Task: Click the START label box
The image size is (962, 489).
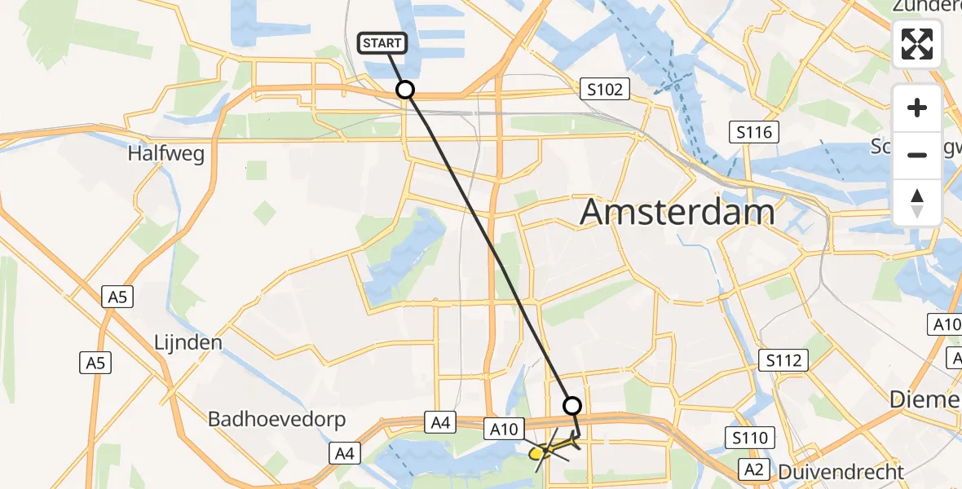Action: [x=382, y=42]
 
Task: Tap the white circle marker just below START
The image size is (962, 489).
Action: [x=404, y=90]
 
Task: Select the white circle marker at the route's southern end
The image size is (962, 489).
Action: [x=572, y=406]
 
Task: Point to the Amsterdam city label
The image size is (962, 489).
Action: [x=677, y=213]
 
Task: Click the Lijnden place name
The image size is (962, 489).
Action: [x=188, y=342]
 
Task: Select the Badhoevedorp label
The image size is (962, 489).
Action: [x=277, y=420]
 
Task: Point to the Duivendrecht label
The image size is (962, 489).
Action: [x=841, y=471]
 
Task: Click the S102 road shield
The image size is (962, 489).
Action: [x=605, y=89]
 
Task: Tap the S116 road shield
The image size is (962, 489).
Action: [x=753, y=132]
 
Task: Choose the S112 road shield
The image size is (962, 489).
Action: [x=783, y=360]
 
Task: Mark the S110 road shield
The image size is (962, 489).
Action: [x=749, y=438]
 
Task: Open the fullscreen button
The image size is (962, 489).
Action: [x=917, y=44]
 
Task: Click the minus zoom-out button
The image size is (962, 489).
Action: [x=917, y=155]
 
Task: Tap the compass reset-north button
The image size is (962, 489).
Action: [x=917, y=203]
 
